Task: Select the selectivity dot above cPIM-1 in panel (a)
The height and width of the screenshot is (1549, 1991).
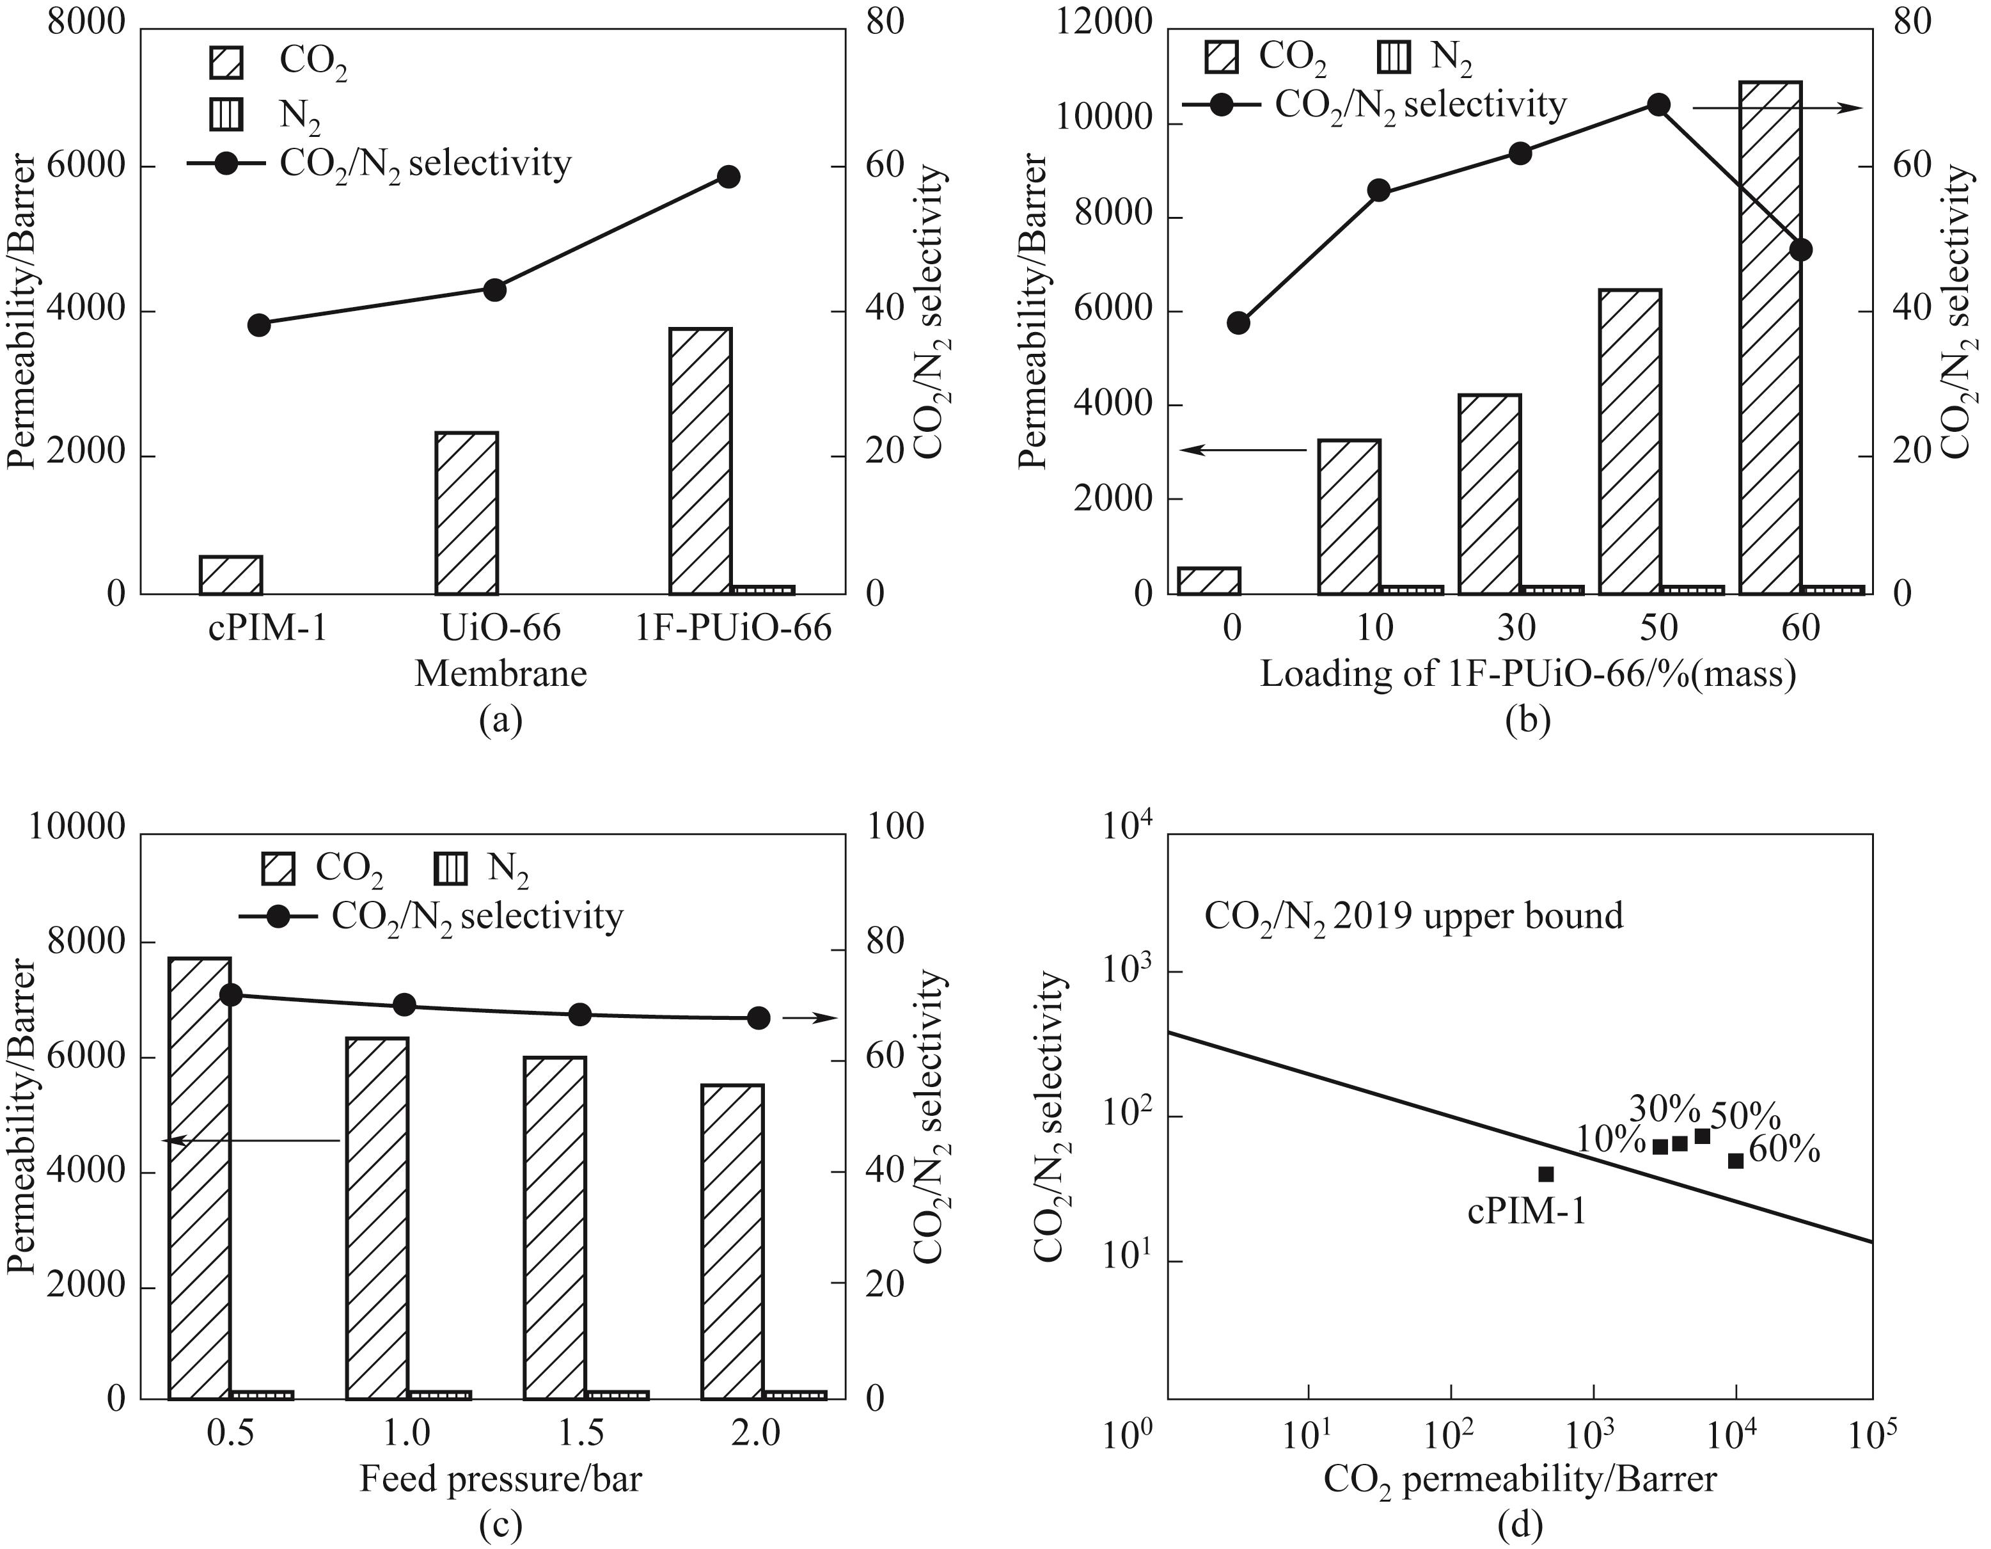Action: [259, 324]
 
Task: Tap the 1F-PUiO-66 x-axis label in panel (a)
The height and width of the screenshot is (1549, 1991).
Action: [733, 628]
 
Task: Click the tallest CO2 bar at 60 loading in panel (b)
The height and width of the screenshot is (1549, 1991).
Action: [1770, 337]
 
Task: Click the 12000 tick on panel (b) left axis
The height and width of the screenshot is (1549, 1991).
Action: [1104, 22]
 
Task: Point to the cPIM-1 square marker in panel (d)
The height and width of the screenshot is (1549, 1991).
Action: [1546, 1174]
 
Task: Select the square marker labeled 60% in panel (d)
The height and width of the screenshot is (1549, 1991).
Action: [1736, 1161]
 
